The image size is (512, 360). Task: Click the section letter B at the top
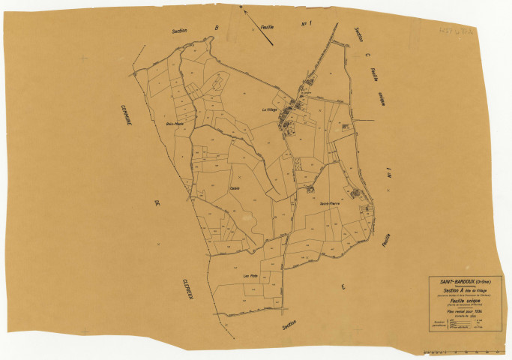(216, 28)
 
